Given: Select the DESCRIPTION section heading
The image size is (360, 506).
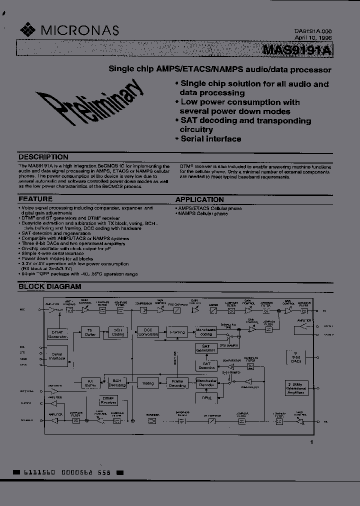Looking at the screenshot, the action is (x=43, y=156).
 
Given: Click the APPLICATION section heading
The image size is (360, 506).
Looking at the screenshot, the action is (x=199, y=199).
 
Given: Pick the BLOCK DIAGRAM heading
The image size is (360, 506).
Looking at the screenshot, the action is (x=50, y=286).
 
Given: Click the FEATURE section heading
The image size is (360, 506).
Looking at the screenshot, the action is (x=35, y=199).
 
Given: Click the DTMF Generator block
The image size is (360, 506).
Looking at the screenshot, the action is (x=57, y=334).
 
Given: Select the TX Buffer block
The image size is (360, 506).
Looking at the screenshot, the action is (x=90, y=332).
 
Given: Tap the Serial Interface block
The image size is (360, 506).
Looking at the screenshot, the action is (x=57, y=355).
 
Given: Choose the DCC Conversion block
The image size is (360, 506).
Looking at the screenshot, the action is (x=147, y=332).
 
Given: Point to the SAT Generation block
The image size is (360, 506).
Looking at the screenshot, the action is (x=205, y=347).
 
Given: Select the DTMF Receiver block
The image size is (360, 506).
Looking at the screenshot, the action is (x=107, y=400).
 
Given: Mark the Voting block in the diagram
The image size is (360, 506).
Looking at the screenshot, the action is (x=148, y=383).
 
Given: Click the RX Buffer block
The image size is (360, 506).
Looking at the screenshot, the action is (x=90, y=383).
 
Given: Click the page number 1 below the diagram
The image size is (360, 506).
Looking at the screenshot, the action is (x=311, y=442).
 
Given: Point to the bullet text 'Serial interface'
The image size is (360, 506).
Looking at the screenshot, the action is (x=210, y=139).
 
